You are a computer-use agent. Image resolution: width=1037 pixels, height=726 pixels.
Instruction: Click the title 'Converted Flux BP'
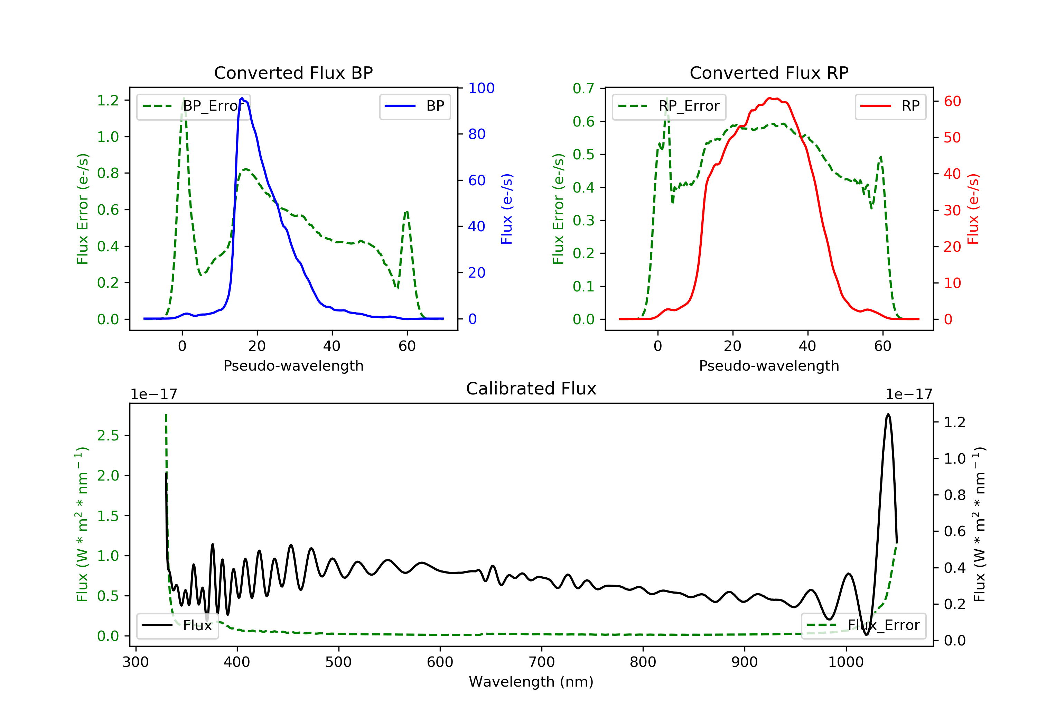click(x=293, y=73)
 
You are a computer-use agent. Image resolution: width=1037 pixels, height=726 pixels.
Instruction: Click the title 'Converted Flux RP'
click(x=769, y=73)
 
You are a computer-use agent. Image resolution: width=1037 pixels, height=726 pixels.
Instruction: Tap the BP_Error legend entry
click(x=193, y=106)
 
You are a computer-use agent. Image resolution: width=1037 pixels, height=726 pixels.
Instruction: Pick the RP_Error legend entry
click(x=669, y=106)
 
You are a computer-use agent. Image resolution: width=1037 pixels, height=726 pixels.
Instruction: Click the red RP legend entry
click(x=890, y=106)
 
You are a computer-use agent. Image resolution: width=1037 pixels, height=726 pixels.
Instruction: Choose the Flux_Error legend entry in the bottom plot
click(x=863, y=625)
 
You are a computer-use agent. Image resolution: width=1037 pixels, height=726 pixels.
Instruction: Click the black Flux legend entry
click(x=178, y=625)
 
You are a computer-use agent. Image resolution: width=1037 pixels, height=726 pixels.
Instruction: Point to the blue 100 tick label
click(x=481, y=88)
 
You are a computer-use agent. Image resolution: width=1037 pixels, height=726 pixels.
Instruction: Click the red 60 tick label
click(x=952, y=101)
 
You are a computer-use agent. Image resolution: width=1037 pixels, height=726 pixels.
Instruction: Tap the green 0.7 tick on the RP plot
click(x=583, y=89)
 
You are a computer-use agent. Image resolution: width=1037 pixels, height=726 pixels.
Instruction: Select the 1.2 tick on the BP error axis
click(x=108, y=100)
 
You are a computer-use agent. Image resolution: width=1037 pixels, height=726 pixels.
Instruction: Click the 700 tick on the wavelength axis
click(x=542, y=662)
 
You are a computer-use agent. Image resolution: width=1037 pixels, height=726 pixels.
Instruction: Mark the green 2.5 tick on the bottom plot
click(x=108, y=436)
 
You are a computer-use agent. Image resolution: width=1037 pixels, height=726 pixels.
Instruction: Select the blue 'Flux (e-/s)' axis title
click(x=507, y=209)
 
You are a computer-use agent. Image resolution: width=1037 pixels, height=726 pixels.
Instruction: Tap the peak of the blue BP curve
click(x=242, y=98)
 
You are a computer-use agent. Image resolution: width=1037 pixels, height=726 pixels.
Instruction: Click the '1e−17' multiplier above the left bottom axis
click(x=153, y=394)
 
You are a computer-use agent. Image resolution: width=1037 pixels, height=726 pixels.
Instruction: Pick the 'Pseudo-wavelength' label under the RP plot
click(x=769, y=365)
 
